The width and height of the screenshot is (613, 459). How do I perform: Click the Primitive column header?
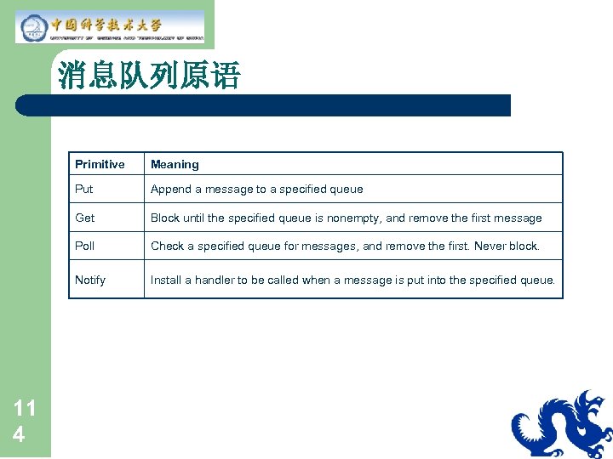(x=100, y=164)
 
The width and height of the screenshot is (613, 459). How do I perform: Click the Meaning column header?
(x=175, y=164)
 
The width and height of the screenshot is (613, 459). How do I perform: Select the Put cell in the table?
(x=84, y=189)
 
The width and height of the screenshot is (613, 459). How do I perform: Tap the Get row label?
(x=85, y=218)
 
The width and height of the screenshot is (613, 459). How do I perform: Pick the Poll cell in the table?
(x=85, y=246)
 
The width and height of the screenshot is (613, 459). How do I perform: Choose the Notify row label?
(x=90, y=280)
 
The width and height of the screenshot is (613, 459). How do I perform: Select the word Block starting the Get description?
(x=165, y=218)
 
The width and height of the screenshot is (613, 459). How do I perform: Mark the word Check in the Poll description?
(x=168, y=246)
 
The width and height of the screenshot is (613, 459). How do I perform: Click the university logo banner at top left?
(x=111, y=26)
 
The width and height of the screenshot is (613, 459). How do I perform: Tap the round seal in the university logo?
(x=32, y=27)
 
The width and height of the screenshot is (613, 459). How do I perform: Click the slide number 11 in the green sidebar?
(x=25, y=408)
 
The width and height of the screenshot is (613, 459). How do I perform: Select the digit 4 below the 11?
(x=19, y=434)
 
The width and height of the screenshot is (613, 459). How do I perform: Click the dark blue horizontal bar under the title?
(x=264, y=105)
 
